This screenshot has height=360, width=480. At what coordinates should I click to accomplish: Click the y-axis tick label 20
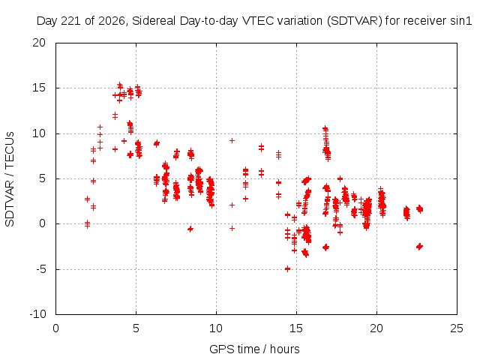[x=39, y=43]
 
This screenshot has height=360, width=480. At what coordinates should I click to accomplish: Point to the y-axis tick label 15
[x=39, y=88]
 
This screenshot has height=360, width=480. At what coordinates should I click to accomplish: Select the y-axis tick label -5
[x=41, y=269]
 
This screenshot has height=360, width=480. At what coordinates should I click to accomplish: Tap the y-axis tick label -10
[x=38, y=314]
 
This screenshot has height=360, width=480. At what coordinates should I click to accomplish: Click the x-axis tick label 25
[x=457, y=328]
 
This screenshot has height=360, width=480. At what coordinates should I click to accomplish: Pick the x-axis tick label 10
[x=216, y=328]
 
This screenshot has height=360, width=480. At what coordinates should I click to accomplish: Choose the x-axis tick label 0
[x=55, y=328]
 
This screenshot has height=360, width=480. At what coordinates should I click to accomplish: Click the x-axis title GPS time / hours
[x=254, y=349]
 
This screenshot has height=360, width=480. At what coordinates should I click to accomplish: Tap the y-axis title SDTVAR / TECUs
[x=10, y=179]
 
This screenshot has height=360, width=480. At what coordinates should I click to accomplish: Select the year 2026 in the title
[x=112, y=21]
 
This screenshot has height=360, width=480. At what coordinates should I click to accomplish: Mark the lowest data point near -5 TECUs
[x=287, y=269]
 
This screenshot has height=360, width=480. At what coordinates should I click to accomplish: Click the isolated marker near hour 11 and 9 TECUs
[x=232, y=140]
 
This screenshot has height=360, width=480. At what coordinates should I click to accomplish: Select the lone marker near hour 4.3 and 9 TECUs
[x=124, y=141]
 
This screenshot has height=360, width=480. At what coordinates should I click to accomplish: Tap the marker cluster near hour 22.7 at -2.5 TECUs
[x=420, y=247]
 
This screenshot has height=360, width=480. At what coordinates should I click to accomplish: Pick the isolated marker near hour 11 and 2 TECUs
[x=232, y=205]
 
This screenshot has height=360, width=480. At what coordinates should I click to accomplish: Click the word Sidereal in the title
[x=154, y=21]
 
